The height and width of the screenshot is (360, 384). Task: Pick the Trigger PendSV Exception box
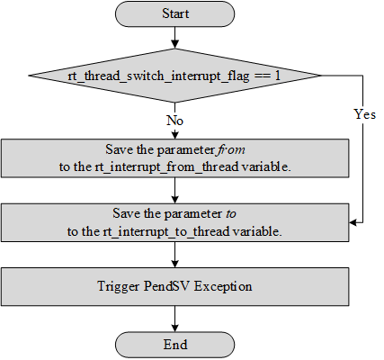click(174, 286)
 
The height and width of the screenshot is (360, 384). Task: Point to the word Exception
click(226, 287)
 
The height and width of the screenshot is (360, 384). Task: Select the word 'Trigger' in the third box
click(120, 287)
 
